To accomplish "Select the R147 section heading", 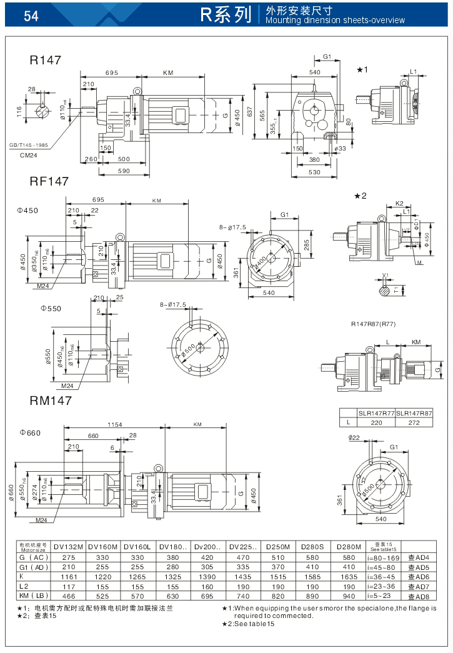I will tap(46, 61).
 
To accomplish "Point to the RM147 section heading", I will tap(51, 401).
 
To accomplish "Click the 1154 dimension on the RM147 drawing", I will tap(114, 424).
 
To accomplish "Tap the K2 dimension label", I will tap(400, 204).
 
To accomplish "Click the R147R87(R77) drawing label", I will tap(373, 324).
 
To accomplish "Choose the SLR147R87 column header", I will tap(414, 414).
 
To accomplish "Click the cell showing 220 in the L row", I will tap(376, 422).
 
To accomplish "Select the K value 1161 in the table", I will tap(68, 576).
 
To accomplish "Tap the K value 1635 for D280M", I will tap(346, 576).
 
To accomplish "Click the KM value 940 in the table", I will tap(346, 596).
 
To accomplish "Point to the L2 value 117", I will tap(68, 586).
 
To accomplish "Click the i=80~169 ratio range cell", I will tap(382, 557).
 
